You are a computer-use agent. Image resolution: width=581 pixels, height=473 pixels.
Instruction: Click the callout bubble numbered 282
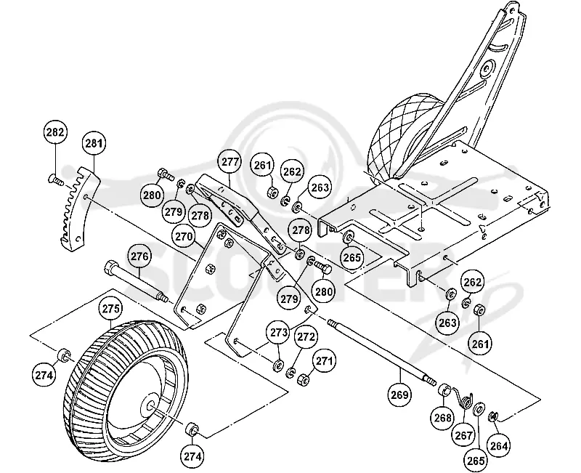point(56,132)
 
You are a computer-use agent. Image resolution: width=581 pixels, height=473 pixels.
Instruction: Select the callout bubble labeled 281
point(94,142)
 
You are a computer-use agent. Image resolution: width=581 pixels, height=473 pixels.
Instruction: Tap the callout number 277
point(230,162)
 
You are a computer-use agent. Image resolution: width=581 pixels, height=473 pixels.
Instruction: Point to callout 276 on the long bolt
point(139,256)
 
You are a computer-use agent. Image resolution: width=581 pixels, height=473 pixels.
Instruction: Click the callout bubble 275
point(111,308)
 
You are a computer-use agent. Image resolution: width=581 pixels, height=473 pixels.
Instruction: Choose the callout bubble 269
point(400,395)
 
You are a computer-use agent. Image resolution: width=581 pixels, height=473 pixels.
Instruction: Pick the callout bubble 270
point(184,236)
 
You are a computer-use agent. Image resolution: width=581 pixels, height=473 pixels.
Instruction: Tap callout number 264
point(498,445)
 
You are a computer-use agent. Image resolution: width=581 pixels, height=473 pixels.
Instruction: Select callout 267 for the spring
point(463,434)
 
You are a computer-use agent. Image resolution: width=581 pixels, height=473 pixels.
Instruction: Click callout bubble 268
point(442,418)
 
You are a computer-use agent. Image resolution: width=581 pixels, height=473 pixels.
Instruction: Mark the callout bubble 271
point(324,360)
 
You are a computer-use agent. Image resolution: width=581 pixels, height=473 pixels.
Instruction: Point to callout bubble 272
point(306,336)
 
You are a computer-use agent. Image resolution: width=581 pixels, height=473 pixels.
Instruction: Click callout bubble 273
point(279,332)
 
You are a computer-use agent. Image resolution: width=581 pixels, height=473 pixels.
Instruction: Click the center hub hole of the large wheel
point(151,407)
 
